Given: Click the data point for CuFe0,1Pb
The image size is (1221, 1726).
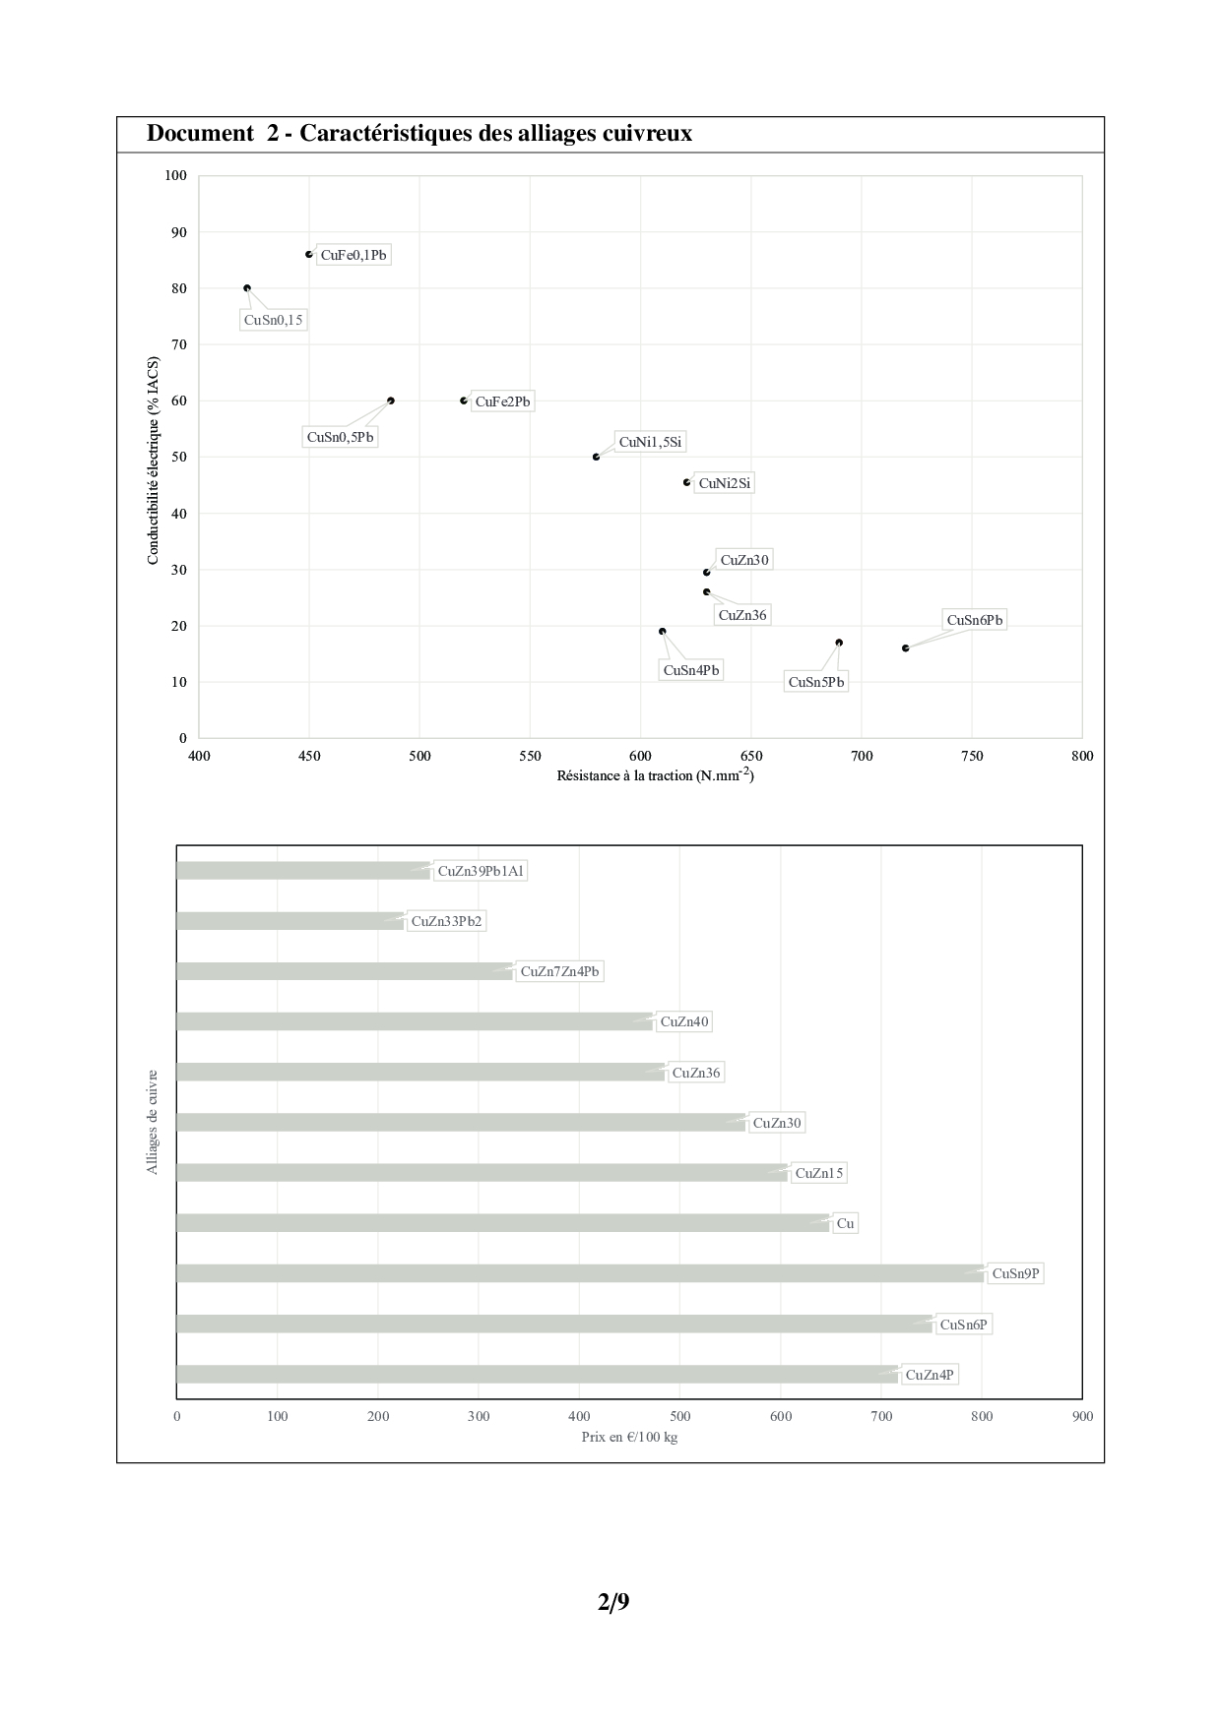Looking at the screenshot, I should click(x=309, y=254).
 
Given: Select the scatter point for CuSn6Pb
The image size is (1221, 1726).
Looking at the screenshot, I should click(x=905, y=647).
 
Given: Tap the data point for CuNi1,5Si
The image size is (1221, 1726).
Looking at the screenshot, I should click(x=597, y=457).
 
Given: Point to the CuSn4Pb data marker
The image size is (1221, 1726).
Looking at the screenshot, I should click(x=662, y=631).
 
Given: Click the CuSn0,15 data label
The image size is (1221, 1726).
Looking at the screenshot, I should click(x=274, y=320).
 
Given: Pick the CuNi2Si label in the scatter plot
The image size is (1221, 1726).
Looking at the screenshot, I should click(x=724, y=483).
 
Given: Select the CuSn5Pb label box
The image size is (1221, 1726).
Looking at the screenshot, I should click(x=816, y=682).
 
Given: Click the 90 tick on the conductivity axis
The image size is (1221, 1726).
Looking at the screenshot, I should click(x=177, y=232).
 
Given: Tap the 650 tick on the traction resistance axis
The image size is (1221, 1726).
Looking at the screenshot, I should click(x=750, y=756).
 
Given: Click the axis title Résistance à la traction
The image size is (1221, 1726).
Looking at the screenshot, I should click(x=655, y=775).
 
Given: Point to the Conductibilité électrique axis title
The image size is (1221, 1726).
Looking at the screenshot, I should click(x=153, y=460).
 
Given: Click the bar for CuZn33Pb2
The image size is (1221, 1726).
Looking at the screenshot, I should click(x=289, y=921).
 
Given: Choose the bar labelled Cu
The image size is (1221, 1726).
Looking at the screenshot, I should click(x=502, y=1223).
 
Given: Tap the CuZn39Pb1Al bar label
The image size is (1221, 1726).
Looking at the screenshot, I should click(x=481, y=871).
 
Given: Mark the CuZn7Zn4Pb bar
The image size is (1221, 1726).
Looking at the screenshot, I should click(x=345, y=971).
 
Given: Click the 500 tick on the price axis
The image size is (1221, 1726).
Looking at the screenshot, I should click(x=679, y=1416).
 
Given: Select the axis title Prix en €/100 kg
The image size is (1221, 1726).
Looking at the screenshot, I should click(x=629, y=1437).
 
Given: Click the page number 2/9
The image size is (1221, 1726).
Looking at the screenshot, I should click(x=612, y=1602).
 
